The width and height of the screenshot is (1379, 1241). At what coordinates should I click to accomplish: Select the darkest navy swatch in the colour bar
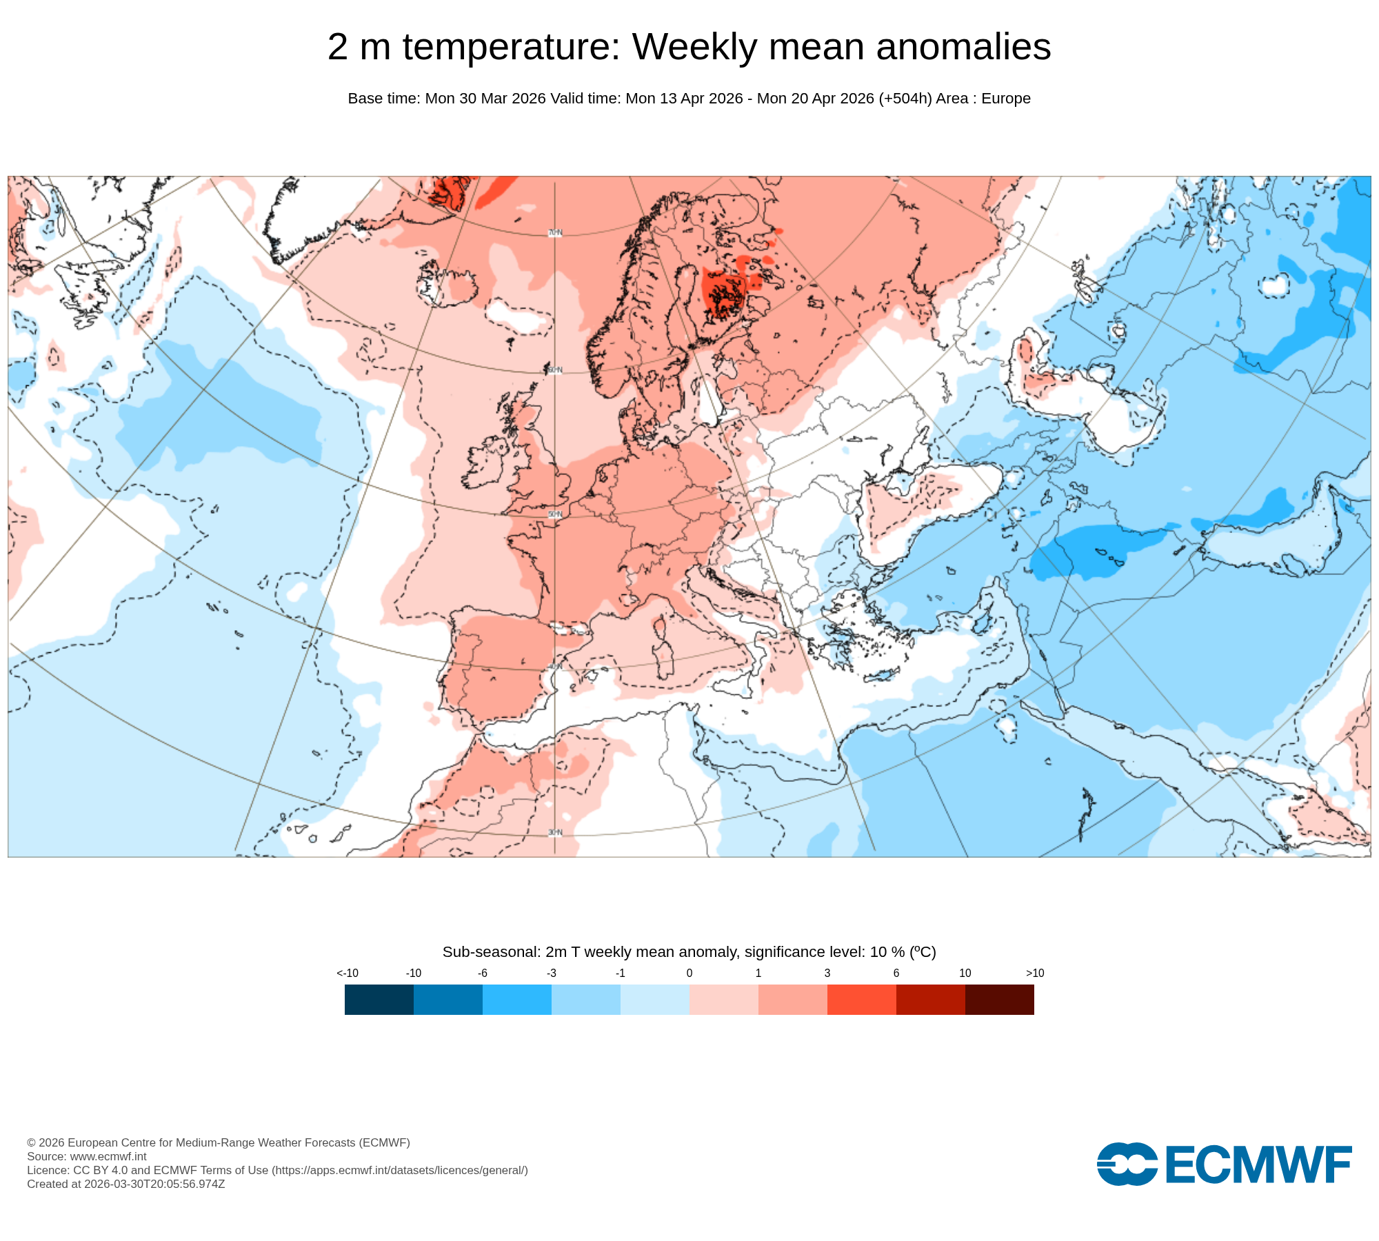click(x=379, y=999)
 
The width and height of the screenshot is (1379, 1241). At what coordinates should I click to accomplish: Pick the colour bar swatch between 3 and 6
click(x=861, y=999)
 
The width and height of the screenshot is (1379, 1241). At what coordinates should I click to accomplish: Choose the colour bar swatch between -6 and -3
click(x=516, y=999)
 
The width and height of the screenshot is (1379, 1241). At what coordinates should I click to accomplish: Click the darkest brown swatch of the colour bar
click(x=999, y=999)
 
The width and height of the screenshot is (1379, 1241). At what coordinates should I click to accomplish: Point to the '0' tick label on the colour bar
click(x=689, y=973)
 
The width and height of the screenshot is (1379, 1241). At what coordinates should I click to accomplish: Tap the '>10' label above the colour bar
click(x=1034, y=973)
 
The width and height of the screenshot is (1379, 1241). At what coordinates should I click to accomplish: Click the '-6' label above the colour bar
click(x=483, y=973)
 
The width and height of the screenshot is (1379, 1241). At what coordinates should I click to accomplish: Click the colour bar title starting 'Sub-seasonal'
click(x=689, y=952)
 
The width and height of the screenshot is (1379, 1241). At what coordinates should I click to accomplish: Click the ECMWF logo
click(x=1224, y=1164)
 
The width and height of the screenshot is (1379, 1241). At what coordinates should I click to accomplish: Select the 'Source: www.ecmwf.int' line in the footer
click(x=87, y=1156)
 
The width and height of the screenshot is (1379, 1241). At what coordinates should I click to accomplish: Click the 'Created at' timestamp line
click(x=126, y=1184)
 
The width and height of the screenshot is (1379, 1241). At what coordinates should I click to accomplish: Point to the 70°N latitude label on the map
click(x=555, y=233)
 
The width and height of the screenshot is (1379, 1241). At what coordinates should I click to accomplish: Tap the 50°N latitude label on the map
click(x=555, y=514)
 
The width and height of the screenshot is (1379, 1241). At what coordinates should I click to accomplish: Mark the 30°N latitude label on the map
click(x=555, y=833)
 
